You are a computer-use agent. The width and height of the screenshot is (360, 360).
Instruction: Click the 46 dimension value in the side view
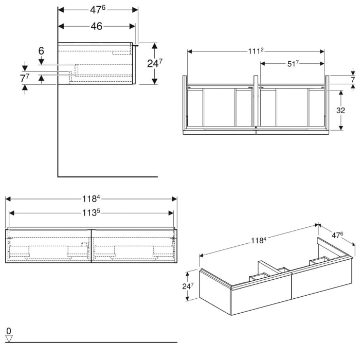click(96, 26)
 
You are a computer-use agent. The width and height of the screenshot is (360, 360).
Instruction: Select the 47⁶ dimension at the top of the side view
click(97, 10)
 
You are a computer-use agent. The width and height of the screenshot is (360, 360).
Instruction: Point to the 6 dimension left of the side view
click(41, 51)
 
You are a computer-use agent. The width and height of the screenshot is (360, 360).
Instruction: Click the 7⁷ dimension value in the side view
click(24, 79)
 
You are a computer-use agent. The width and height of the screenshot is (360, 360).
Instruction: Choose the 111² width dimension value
click(256, 51)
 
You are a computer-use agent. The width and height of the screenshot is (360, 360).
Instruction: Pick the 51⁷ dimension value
click(292, 63)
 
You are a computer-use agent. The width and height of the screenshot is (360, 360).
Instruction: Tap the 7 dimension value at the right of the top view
click(353, 80)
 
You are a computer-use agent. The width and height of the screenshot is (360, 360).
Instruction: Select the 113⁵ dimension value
click(91, 212)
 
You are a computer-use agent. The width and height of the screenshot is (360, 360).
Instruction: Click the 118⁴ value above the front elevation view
click(91, 199)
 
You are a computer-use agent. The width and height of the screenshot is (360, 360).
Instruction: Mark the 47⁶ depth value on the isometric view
click(337, 235)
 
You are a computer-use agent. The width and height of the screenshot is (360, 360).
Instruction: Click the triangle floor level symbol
click(8, 338)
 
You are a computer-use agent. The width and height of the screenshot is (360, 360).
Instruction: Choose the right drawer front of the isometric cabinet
click(321, 281)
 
